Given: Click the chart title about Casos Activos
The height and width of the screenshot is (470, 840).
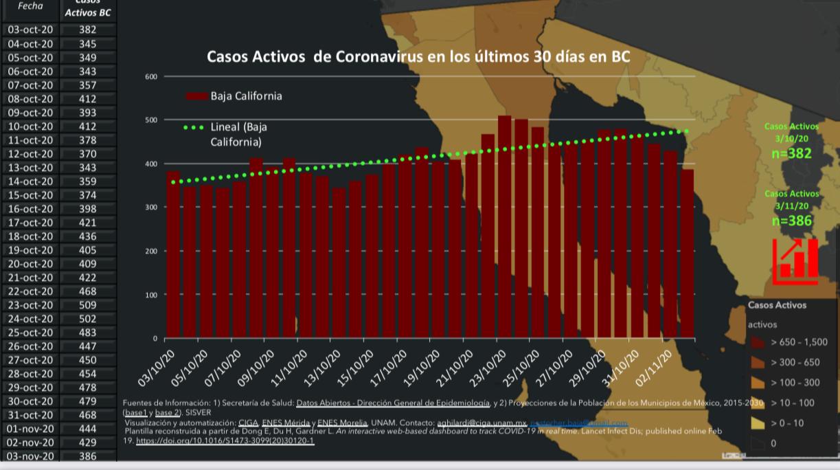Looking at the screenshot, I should [x=418, y=56].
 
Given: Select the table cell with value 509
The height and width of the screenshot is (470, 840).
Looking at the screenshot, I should [x=87, y=305].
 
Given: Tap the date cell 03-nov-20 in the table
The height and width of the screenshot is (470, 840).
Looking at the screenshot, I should [x=30, y=456].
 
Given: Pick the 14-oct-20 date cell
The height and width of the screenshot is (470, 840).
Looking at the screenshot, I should [x=30, y=181].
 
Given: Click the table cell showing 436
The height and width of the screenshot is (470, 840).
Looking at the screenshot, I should [x=87, y=236].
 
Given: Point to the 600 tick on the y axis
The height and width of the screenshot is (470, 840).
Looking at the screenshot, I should [x=151, y=76].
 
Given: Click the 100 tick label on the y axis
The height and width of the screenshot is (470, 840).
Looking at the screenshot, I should [x=151, y=295].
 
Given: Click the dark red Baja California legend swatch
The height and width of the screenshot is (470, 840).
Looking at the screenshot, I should [x=196, y=96].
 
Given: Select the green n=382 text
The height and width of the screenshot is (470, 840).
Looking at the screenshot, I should [x=791, y=153].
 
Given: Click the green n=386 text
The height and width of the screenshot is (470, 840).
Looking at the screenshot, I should [x=791, y=221].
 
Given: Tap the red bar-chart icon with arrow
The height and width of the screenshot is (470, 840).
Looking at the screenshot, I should [x=795, y=260].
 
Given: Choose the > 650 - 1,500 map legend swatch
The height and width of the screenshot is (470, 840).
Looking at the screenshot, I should [x=758, y=342].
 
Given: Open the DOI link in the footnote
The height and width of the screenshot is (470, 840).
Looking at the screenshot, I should [x=225, y=440].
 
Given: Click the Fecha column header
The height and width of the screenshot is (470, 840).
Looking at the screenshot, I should [x=30, y=6].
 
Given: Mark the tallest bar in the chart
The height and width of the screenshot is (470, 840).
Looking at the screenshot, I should [x=504, y=227].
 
